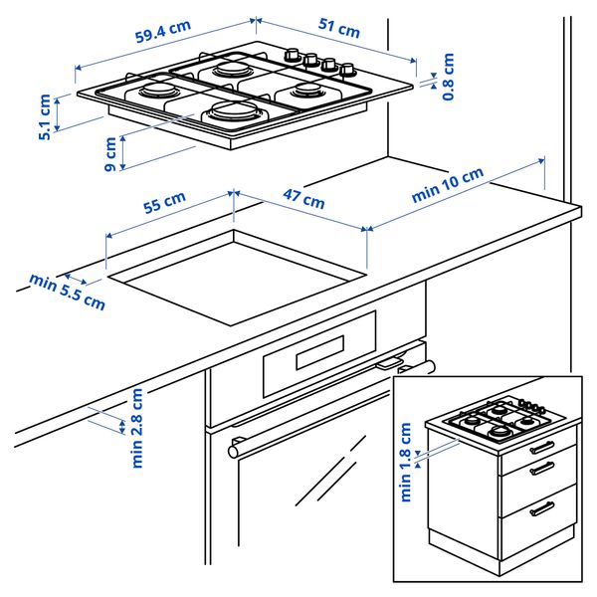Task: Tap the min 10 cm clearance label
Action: click(x=448, y=185)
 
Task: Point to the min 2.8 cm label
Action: click(x=137, y=428)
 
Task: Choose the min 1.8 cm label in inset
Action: click(x=406, y=462)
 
